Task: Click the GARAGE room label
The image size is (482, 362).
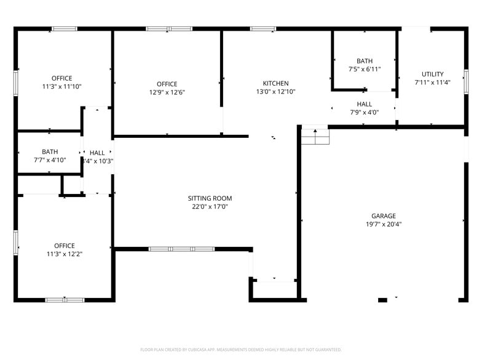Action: [x=383, y=216]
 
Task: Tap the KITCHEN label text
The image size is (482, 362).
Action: [x=275, y=84]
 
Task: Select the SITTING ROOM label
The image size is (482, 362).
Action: [x=210, y=198]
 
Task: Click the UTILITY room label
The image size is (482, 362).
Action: [x=432, y=74]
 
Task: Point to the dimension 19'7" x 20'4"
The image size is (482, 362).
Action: [x=383, y=225]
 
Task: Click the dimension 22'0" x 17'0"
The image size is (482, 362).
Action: [x=210, y=207]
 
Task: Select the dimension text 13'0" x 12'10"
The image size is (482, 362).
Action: [x=275, y=92]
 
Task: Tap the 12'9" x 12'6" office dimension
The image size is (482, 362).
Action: [x=167, y=92]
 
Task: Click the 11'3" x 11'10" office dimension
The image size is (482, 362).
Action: [x=61, y=87]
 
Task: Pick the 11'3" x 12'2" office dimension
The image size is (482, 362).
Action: [x=64, y=254]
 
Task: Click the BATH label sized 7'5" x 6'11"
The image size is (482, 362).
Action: [x=365, y=61]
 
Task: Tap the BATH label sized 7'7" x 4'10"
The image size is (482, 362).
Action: [x=50, y=151]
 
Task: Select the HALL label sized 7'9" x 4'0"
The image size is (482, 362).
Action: [x=364, y=104]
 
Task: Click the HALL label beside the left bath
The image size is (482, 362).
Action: [x=97, y=153]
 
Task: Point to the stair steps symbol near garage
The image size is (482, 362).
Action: [x=315, y=135]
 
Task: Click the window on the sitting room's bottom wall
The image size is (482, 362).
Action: [x=181, y=249]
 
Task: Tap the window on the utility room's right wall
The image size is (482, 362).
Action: [x=466, y=81]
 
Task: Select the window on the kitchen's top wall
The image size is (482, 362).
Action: [x=263, y=28]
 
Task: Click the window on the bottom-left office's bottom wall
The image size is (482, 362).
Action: [x=65, y=300]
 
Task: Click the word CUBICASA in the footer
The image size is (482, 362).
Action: [x=198, y=350]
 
